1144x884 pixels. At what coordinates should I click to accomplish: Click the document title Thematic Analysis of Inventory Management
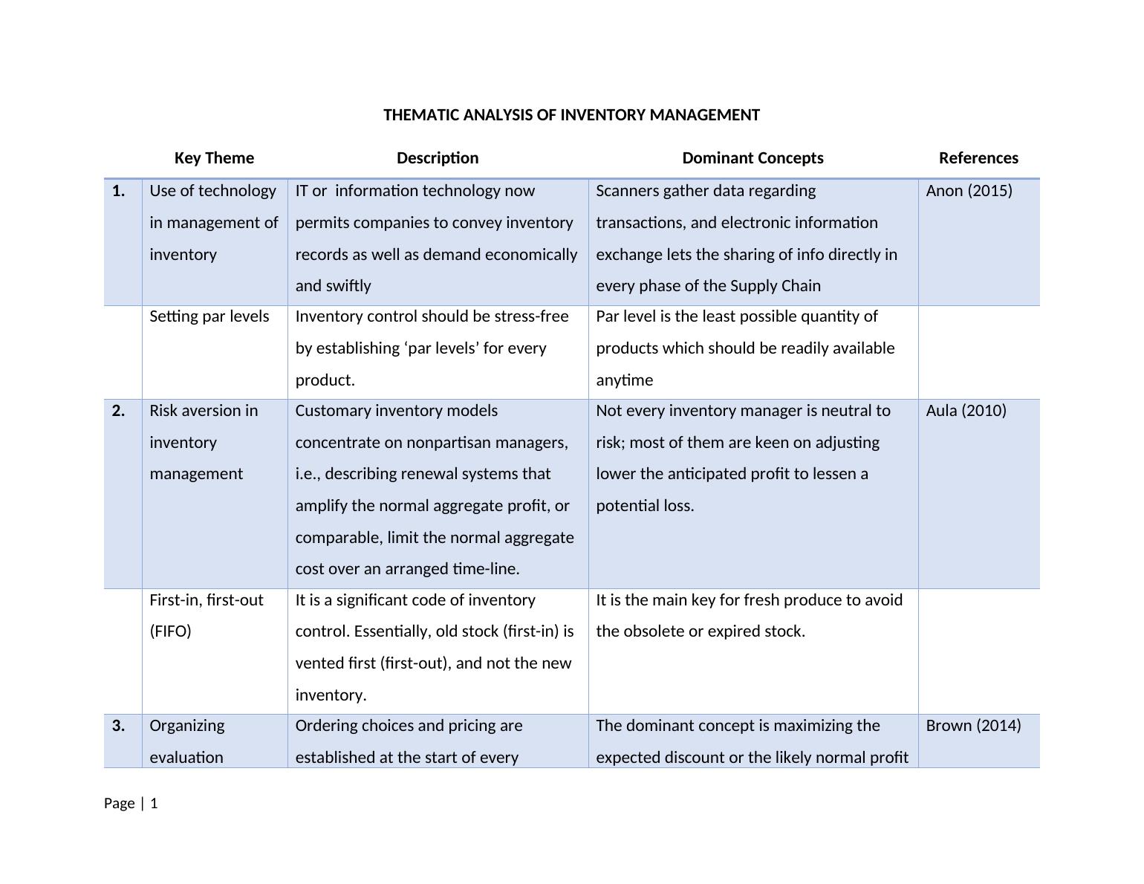click(571, 115)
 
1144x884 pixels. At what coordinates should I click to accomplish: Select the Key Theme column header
click(214, 158)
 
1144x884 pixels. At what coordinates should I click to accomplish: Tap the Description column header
click(438, 158)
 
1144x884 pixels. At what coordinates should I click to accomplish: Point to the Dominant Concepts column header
click(753, 158)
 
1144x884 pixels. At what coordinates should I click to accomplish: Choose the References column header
click(978, 158)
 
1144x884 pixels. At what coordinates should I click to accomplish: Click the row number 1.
click(118, 191)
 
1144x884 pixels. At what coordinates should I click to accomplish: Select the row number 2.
click(118, 411)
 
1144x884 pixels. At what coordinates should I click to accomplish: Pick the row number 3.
click(118, 726)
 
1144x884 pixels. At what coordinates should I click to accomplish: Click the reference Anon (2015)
click(969, 191)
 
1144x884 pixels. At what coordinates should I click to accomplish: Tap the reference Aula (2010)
click(966, 411)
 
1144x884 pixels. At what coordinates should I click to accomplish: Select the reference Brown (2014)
click(973, 726)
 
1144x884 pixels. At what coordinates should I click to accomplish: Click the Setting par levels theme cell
click(209, 316)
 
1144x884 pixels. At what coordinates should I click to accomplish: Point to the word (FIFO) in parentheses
click(170, 631)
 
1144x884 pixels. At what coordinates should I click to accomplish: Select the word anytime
click(624, 380)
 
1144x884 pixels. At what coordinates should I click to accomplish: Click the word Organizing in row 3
click(186, 726)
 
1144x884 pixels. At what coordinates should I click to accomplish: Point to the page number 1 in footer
click(154, 804)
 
